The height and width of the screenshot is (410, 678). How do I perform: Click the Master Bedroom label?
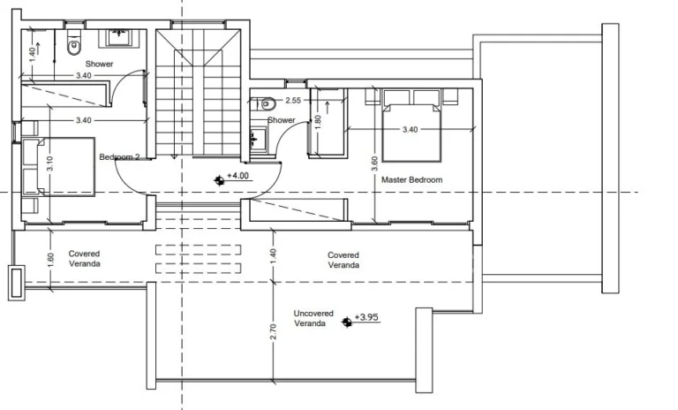(x=411, y=179)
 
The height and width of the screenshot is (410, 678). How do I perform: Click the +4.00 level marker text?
(x=239, y=176)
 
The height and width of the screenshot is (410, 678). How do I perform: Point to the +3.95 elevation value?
(x=365, y=316)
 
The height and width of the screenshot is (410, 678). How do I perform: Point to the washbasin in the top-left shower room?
(x=118, y=36)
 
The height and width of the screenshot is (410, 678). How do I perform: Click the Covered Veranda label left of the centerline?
(x=84, y=258)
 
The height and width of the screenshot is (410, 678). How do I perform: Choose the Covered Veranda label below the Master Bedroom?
(x=343, y=259)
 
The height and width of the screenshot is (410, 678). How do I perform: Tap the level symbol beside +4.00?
(x=219, y=179)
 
